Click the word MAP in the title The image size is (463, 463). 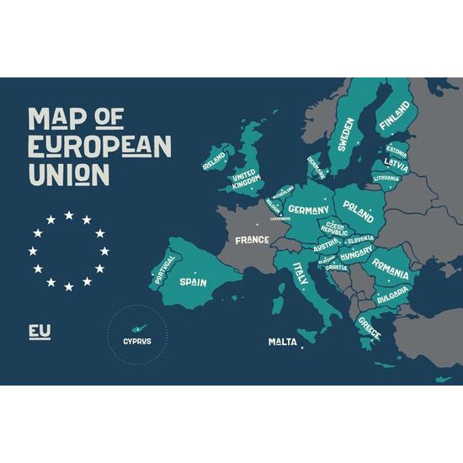(x=53, y=119)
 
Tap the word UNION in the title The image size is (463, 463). (x=68, y=173)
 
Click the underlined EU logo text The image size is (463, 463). (x=40, y=331)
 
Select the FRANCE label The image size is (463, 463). (x=252, y=240)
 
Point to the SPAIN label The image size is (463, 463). (x=193, y=283)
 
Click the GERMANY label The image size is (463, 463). (x=307, y=209)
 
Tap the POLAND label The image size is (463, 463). (x=359, y=211)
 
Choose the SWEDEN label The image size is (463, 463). (x=345, y=132)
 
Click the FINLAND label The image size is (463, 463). (x=395, y=119)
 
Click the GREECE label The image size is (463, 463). (x=369, y=327)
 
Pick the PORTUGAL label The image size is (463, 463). (x=163, y=269)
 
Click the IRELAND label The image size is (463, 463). (x=214, y=158)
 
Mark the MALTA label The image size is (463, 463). (x=282, y=342)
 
